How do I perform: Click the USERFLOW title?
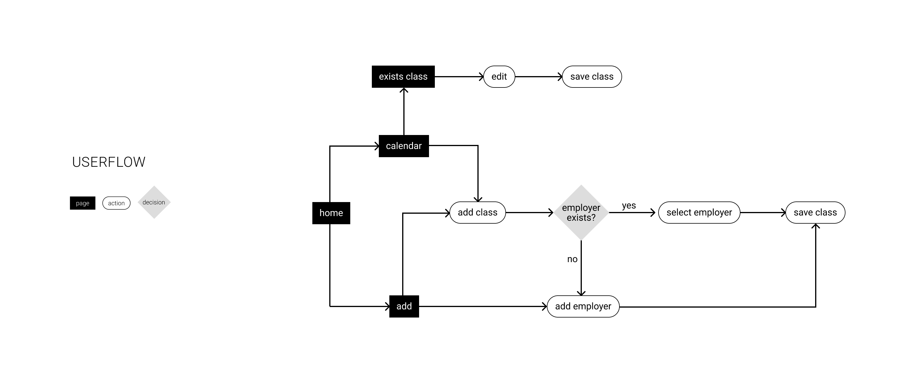pos(109,162)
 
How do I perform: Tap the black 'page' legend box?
pos(83,203)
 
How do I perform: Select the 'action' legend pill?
pos(116,203)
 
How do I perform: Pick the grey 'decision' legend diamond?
pos(154,202)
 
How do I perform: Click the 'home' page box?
pos(331,213)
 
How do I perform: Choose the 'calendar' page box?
pos(404,146)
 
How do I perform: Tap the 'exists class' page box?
pos(403,76)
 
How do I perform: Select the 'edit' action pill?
pos(499,76)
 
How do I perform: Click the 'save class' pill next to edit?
pos(592,76)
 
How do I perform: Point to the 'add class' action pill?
pos(478,213)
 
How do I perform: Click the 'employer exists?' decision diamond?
pos(581,213)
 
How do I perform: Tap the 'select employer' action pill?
pos(699,213)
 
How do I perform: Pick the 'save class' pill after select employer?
pos(815,213)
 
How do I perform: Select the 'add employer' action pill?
pos(583,306)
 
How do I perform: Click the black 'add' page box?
pos(404,306)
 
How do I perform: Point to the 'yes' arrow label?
pos(629,206)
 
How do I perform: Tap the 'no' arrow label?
pos(572,259)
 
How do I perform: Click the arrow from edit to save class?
pos(538,76)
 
